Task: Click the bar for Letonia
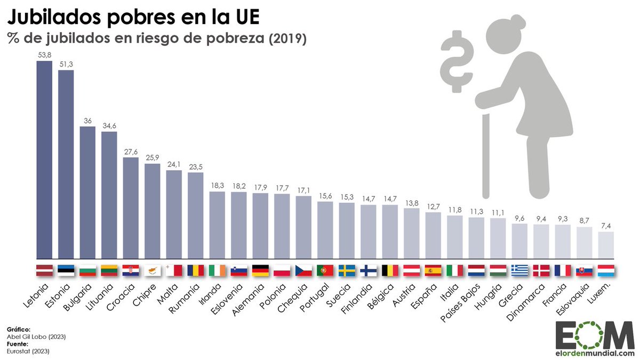pyautogui.click(x=44, y=159)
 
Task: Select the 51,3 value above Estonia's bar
pyautogui.click(x=66, y=64)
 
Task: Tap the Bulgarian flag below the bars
pyautogui.click(x=87, y=270)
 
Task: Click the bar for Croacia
pyautogui.click(x=131, y=208)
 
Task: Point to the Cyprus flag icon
pyautogui.click(x=153, y=270)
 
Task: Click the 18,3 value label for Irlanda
pyautogui.click(x=217, y=185)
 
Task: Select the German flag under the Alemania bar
pyautogui.click(x=260, y=270)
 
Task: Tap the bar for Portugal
pyautogui.click(x=325, y=230)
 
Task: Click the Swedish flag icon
pyautogui.click(x=347, y=270)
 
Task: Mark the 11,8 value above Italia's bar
pyautogui.click(x=454, y=209)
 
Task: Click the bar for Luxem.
pyautogui.click(x=606, y=245)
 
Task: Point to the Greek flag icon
pyautogui.click(x=519, y=270)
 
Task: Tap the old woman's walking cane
pyautogui.click(x=485, y=155)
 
